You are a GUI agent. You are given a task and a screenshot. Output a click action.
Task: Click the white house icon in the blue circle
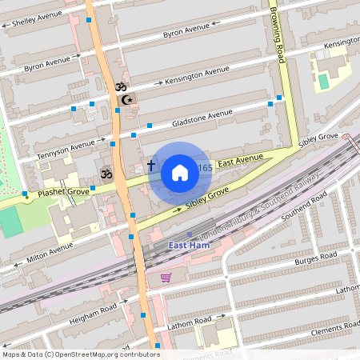[x=180, y=172]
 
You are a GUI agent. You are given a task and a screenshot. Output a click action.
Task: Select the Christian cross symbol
[x=150, y=166]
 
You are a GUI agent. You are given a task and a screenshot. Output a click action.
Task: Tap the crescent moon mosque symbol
[x=126, y=100]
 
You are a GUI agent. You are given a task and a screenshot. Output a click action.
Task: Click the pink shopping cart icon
[x=166, y=278]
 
